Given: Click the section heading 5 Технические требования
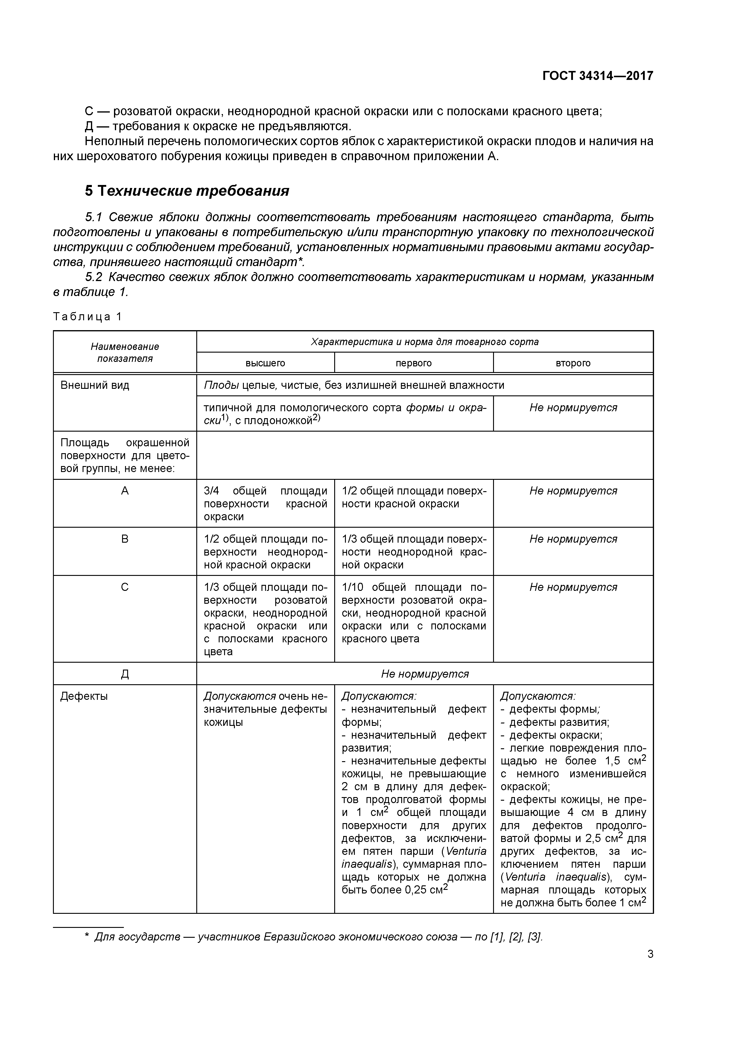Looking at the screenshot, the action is point(187,190).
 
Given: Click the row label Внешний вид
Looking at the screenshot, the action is point(95,385).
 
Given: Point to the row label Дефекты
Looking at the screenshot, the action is point(84,696).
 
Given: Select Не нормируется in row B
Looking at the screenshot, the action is point(573,539).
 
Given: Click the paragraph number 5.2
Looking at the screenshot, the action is point(93,277).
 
